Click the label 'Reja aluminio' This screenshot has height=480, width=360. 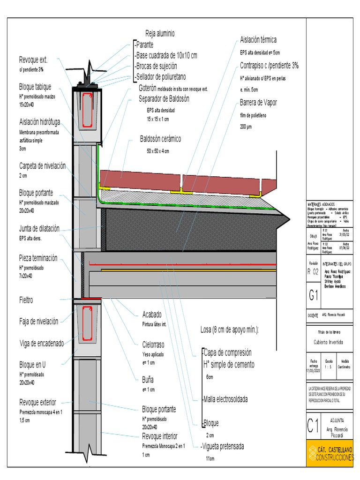160,33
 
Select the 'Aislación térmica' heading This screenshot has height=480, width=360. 258,39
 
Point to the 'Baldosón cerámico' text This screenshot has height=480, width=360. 160,139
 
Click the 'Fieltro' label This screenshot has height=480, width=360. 26,300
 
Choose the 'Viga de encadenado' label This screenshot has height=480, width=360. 41,343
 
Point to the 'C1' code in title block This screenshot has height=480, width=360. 313,426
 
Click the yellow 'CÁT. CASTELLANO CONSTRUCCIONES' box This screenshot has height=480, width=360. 330,453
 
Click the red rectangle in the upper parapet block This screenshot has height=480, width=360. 86,110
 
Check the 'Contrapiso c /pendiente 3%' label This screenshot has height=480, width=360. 269,66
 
